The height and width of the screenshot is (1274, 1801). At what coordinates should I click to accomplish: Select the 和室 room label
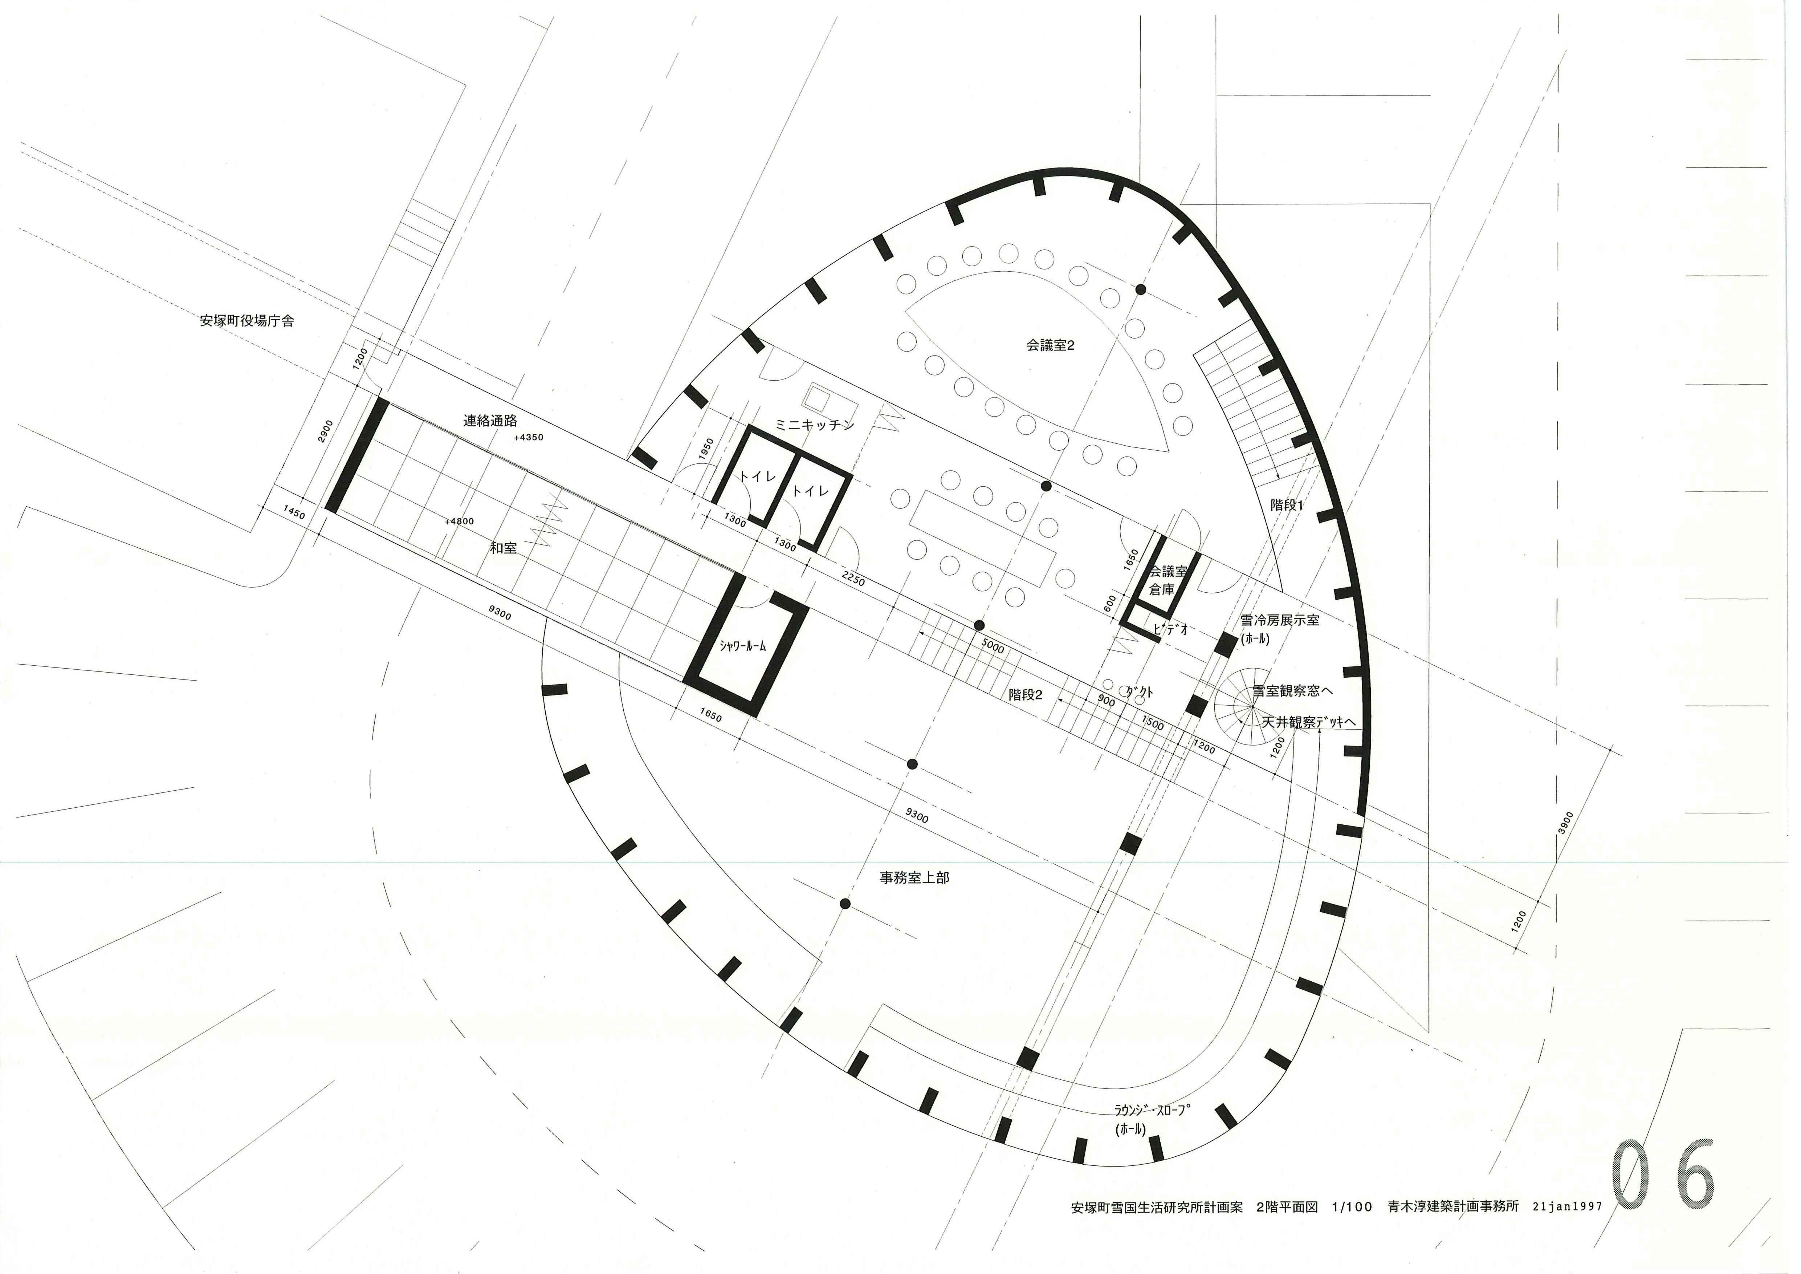click(x=504, y=548)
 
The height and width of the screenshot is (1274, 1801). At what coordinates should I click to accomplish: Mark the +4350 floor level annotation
click(x=529, y=437)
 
